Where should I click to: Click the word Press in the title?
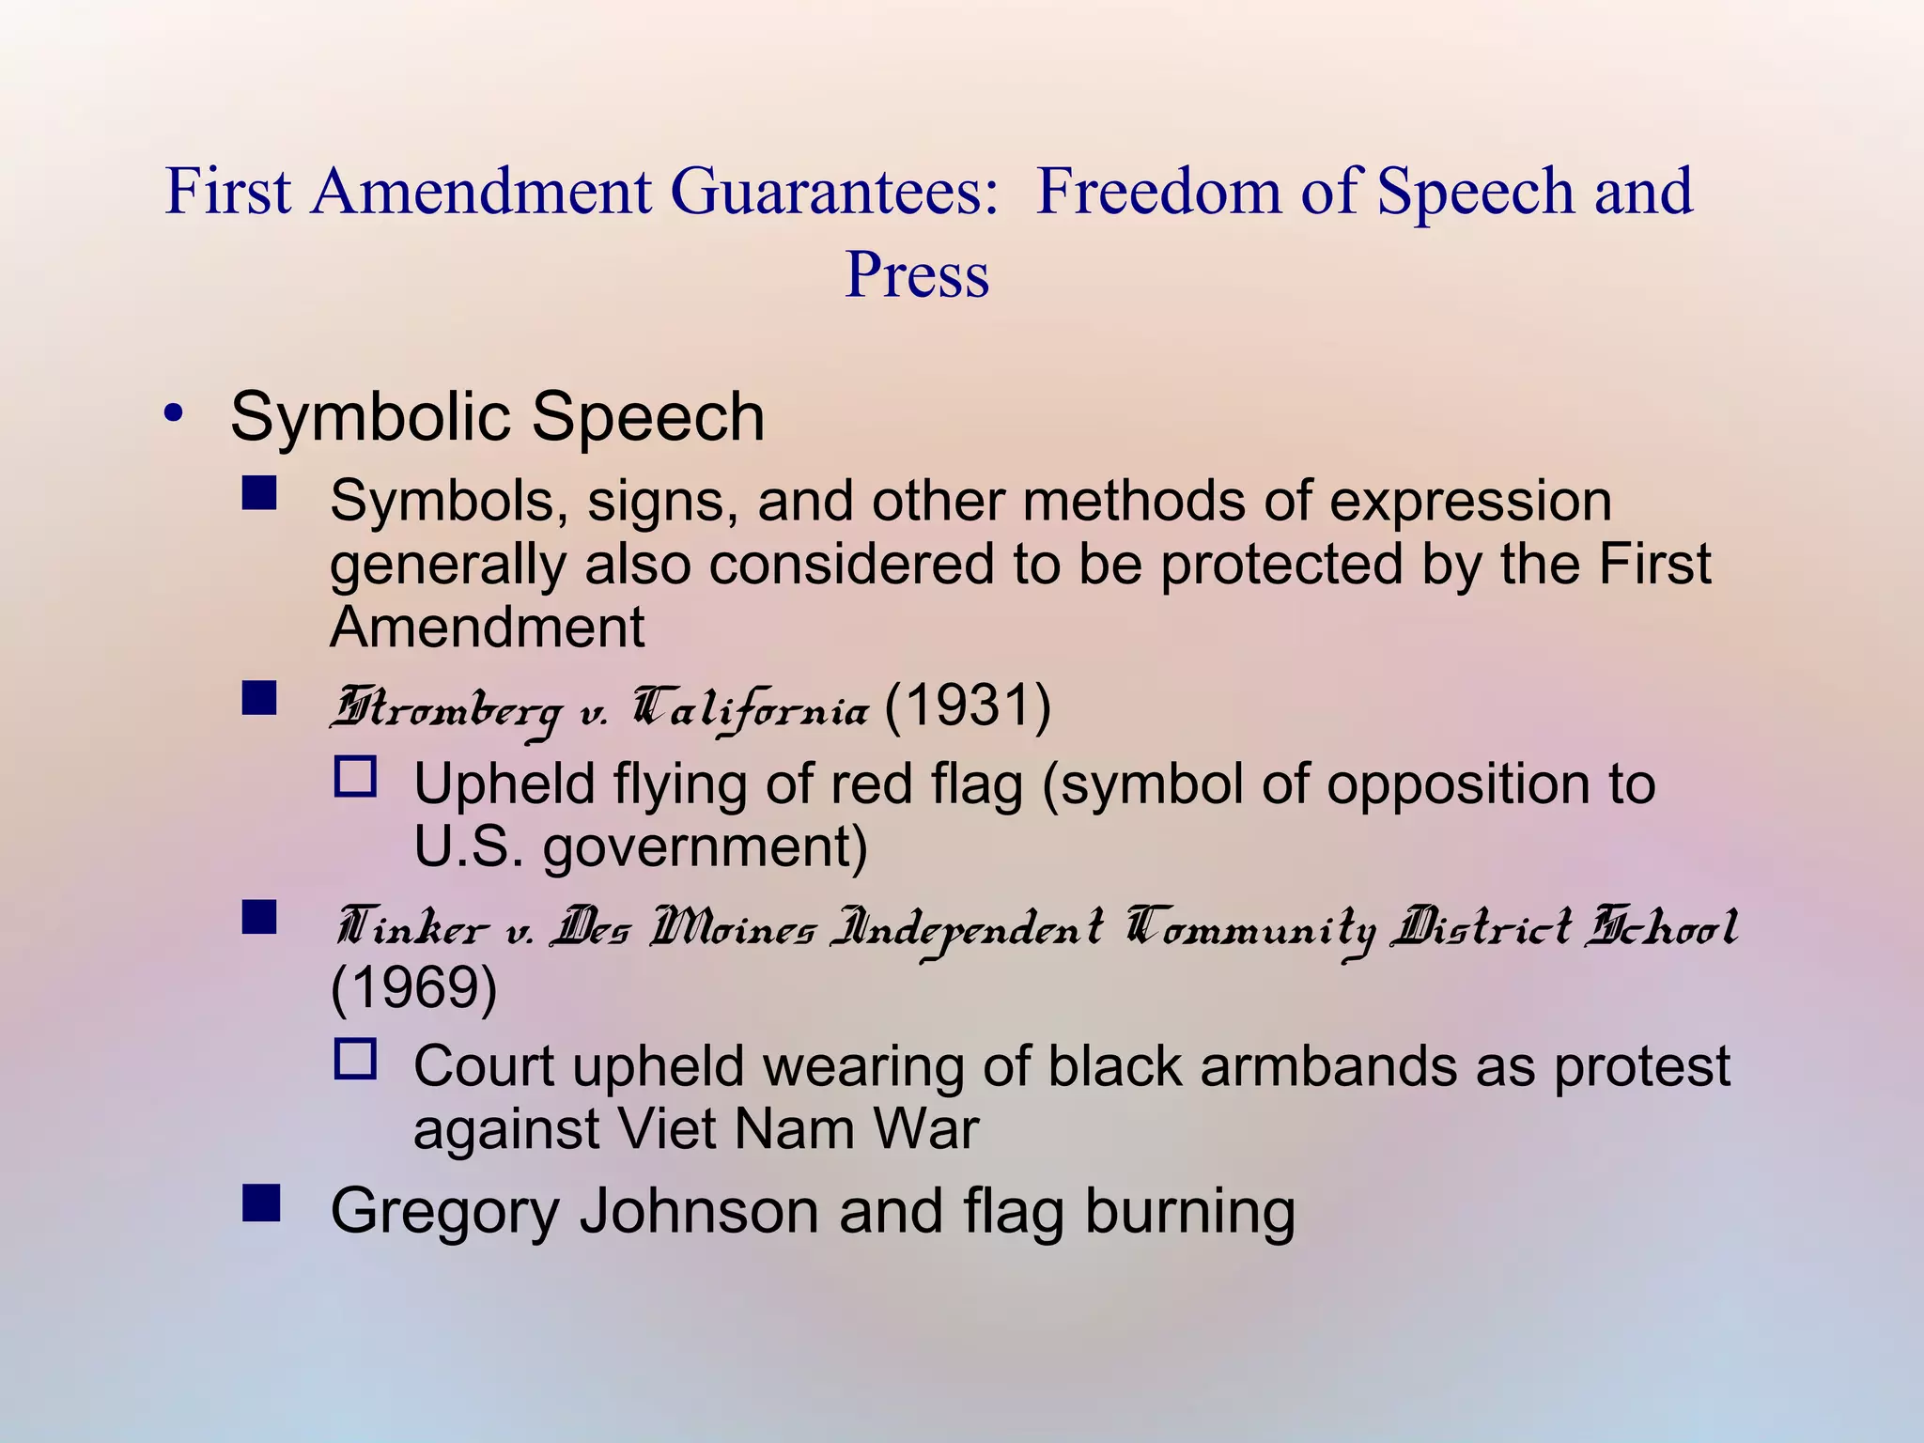917,275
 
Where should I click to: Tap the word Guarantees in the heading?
832,191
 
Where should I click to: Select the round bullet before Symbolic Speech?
172,413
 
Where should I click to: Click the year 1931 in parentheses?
967,706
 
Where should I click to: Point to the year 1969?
413,987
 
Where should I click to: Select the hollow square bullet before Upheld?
356,778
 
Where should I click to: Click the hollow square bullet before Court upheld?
356,1060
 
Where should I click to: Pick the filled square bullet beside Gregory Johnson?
260,1203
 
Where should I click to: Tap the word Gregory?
444,1212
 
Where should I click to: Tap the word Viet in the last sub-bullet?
666,1129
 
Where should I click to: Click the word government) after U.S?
705,848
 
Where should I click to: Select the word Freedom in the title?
1157,191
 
